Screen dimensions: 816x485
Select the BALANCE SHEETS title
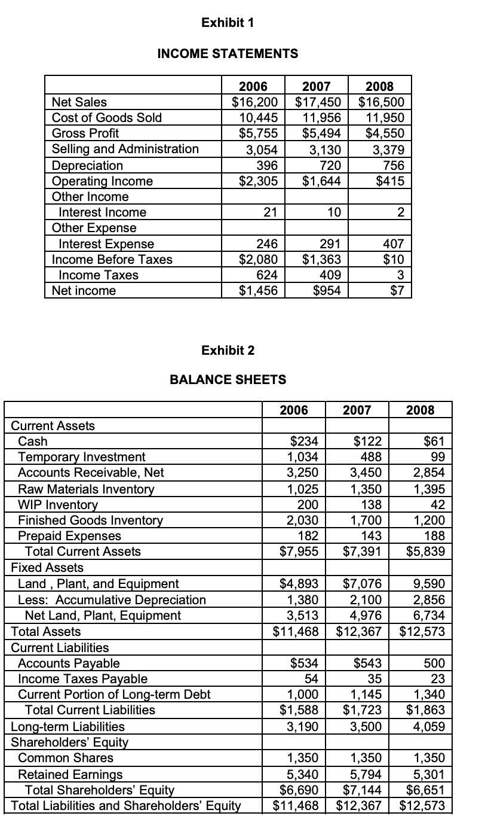228,379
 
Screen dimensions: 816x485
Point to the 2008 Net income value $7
398,291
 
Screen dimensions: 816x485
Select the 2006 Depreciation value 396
266,165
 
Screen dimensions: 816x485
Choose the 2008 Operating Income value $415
390,181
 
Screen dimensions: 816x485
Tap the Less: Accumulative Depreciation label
112,599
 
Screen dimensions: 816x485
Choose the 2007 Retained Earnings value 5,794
367,774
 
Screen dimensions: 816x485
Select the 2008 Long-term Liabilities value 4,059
429,726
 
